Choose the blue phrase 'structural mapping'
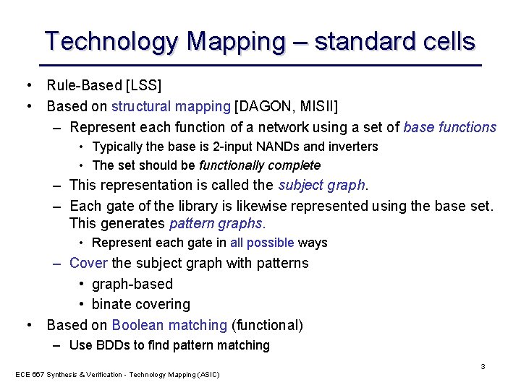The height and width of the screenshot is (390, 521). pyautogui.click(x=171, y=107)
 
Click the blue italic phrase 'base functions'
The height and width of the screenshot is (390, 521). pyautogui.click(x=449, y=128)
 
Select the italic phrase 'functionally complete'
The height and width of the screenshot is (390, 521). pyautogui.click(x=260, y=165)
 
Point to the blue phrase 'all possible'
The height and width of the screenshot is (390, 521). pyautogui.click(x=262, y=243)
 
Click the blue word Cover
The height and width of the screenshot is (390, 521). pyautogui.click(x=88, y=263)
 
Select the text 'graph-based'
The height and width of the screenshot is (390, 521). pyautogui.click(x=132, y=284)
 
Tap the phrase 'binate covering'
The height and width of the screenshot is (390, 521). pyautogui.click(x=141, y=304)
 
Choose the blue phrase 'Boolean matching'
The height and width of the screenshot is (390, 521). pyautogui.click(x=169, y=325)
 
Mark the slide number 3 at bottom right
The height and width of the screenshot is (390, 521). pyautogui.click(x=483, y=366)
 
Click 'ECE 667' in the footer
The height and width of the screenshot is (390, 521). pyautogui.click(x=27, y=374)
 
